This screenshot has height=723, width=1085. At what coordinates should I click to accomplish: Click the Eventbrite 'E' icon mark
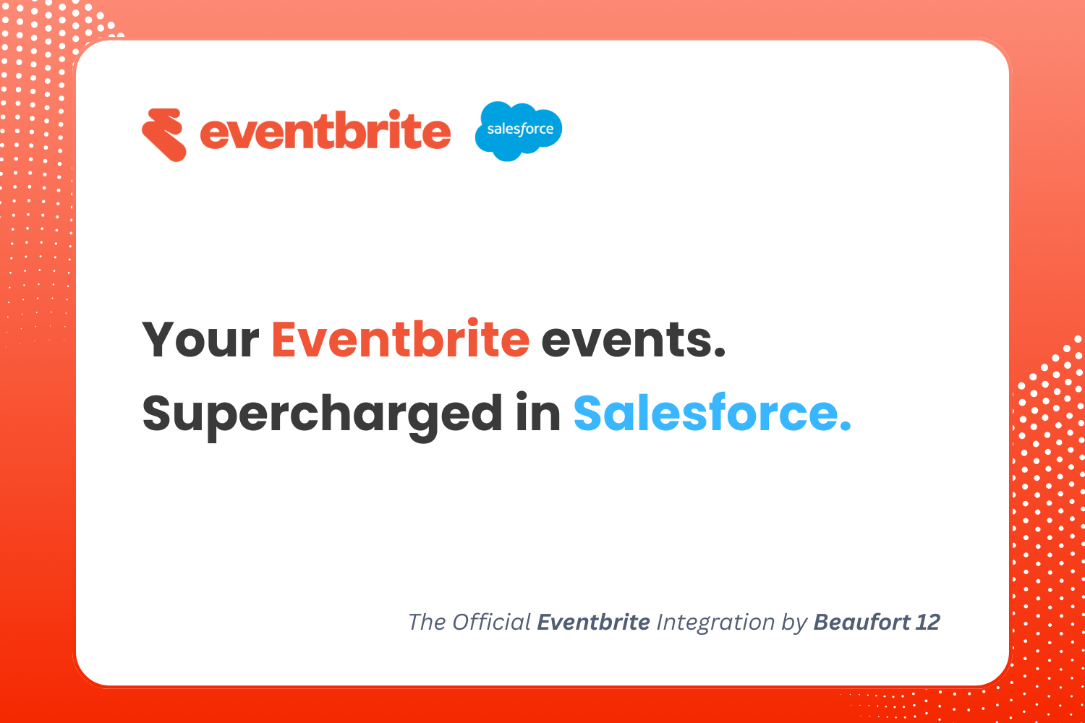click(163, 134)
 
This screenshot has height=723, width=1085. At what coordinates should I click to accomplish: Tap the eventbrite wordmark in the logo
click(325, 129)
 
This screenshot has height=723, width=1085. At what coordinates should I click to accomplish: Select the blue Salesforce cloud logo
click(519, 131)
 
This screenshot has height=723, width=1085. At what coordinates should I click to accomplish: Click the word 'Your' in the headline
click(200, 340)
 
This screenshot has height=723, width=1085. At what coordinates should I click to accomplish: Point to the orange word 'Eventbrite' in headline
click(401, 338)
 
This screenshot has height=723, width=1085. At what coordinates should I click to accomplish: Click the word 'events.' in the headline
click(633, 340)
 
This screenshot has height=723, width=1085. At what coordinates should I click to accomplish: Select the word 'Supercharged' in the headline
click(322, 416)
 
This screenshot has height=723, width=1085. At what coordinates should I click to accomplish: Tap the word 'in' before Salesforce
click(538, 412)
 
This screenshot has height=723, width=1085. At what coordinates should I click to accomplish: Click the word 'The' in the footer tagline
click(427, 623)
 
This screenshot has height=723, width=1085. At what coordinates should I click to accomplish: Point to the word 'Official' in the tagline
click(492, 623)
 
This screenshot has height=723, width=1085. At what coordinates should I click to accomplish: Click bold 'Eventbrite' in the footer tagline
click(593, 623)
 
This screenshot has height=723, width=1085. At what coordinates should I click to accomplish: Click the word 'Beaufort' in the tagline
click(861, 623)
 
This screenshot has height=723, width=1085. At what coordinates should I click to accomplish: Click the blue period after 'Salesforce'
click(845, 424)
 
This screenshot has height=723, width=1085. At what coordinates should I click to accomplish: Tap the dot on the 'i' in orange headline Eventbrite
click(473, 322)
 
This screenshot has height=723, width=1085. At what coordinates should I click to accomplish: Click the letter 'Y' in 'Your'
click(159, 340)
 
